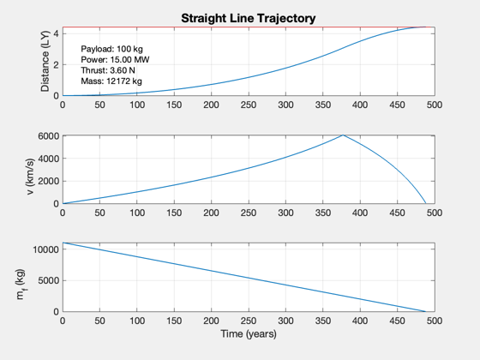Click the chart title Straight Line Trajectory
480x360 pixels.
[x=249, y=18]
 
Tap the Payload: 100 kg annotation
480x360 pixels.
[x=111, y=49]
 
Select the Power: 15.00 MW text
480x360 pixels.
[x=115, y=59]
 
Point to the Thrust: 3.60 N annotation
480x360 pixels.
[x=108, y=70]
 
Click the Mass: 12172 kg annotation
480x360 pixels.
[x=111, y=81]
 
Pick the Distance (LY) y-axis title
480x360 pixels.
[x=45, y=61]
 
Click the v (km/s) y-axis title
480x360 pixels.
[x=30, y=177]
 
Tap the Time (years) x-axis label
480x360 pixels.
[x=249, y=333]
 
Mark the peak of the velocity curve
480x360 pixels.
[x=343, y=135]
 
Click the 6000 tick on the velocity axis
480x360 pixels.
[x=48, y=136]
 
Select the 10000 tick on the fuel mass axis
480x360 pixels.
[x=46, y=249]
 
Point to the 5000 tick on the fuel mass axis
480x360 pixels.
[x=48, y=281]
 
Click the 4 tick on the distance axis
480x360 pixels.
[x=56, y=33]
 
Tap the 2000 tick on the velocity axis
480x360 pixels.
[x=48, y=181]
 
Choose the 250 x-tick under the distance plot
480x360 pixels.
[x=249, y=105]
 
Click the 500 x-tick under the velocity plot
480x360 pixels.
[x=435, y=213]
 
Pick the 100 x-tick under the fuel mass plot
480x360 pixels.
[x=137, y=321]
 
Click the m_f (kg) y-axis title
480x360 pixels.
[x=21, y=285]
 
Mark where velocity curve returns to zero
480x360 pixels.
[x=426, y=203]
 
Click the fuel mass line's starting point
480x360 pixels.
[x=63, y=243]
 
